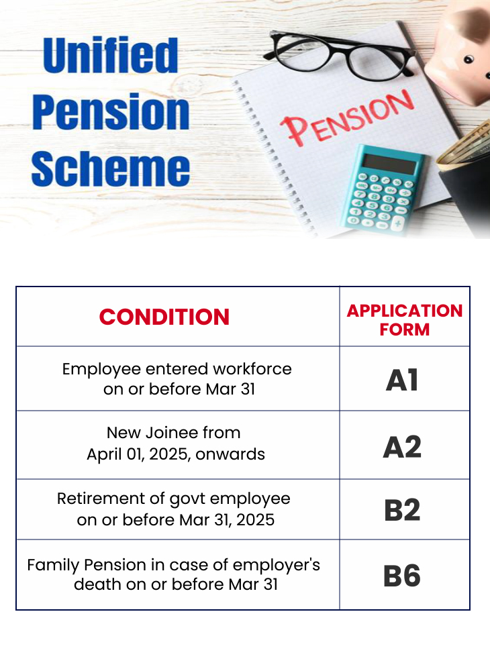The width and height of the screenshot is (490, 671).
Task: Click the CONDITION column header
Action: (x=164, y=317)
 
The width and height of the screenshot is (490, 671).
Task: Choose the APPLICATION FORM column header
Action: (x=404, y=319)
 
